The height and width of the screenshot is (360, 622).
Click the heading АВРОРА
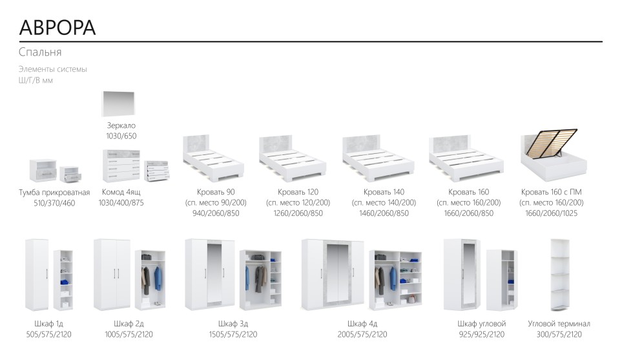[x=57, y=27]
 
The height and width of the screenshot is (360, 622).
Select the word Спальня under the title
[x=40, y=52]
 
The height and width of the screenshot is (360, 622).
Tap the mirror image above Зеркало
[x=119, y=103]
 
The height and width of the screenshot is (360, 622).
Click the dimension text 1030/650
[x=121, y=136]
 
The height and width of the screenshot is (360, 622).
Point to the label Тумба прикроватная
[x=54, y=193]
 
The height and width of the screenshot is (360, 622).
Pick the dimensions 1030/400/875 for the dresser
[x=121, y=203]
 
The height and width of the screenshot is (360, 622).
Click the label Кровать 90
[x=216, y=192]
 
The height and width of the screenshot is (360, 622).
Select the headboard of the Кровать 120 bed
[x=276, y=144]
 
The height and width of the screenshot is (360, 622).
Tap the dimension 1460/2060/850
[x=384, y=213]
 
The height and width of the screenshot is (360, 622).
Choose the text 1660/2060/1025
[x=551, y=213]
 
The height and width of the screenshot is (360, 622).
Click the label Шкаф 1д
[x=49, y=324]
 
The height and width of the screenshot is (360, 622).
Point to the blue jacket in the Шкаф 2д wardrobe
[x=158, y=278]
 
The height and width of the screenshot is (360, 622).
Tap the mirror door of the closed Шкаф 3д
[x=214, y=274]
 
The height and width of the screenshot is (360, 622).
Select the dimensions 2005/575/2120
[x=362, y=334]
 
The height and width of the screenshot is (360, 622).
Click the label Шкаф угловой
[x=482, y=324]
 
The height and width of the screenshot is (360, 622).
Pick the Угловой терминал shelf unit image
[x=560, y=275]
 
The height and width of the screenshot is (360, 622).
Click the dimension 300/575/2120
[x=559, y=334]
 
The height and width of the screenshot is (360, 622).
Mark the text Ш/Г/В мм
[x=36, y=81]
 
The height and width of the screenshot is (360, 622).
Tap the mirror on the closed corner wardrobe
[x=468, y=274]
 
